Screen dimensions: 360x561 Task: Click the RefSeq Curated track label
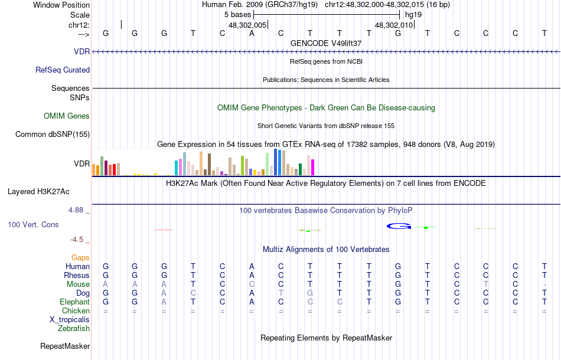[x=63, y=70]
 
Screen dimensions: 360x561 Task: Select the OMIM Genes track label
[x=67, y=116]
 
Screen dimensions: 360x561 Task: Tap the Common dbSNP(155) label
[x=53, y=134]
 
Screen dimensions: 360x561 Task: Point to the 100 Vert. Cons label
[x=33, y=224]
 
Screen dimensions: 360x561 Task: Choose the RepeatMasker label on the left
[x=65, y=346]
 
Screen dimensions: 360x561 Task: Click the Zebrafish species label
[x=74, y=328]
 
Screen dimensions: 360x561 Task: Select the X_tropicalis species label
[x=70, y=319]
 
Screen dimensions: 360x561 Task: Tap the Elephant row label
[x=74, y=302]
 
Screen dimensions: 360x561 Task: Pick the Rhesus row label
[x=77, y=275]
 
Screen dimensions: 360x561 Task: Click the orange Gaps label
[x=80, y=257]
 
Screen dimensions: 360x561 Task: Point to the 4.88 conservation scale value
[x=79, y=209]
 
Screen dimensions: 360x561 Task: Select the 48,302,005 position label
[x=247, y=25]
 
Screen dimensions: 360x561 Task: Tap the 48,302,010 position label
[x=394, y=25]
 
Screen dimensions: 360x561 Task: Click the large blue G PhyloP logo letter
[x=399, y=225]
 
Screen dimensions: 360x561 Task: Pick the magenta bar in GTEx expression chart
[x=312, y=167]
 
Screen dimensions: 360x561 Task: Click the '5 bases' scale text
[x=237, y=14]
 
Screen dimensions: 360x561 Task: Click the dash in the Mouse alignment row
[x=544, y=284]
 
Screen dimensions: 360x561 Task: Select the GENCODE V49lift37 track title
[x=326, y=43]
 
